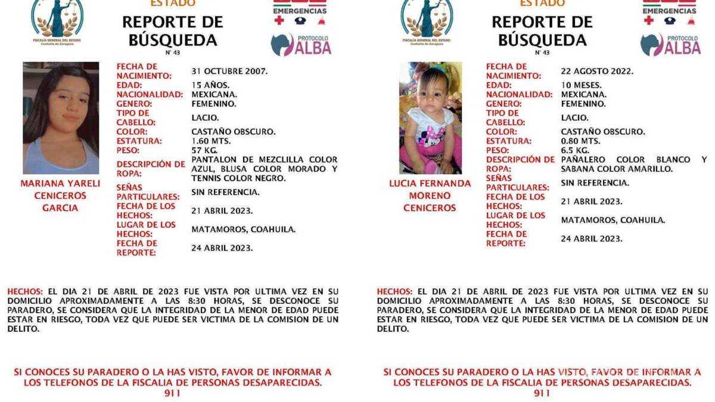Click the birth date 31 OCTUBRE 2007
[x=229, y=71]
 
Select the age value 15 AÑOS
[x=210, y=85]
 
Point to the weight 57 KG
[x=204, y=150]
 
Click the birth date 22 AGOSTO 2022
[x=597, y=71]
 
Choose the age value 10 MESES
[x=581, y=85]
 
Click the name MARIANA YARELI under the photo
[x=60, y=183]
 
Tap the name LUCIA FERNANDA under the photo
[x=430, y=183]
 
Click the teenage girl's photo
[x=61, y=118]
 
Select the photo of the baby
[x=430, y=118]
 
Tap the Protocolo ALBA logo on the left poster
[x=301, y=45]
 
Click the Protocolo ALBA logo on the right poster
[x=670, y=45]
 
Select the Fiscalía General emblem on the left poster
[x=58, y=18]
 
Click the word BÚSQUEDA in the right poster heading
[x=542, y=40]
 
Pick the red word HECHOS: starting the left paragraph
[x=25, y=291]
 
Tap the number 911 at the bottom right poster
[x=542, y=394]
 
